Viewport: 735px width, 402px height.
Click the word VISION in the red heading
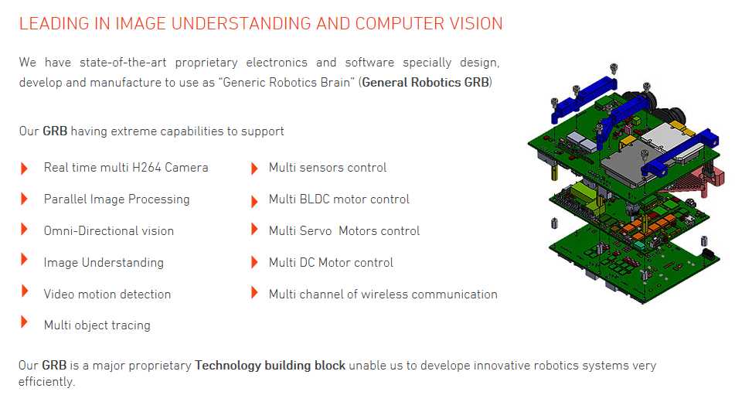pyautogui.click(x=476, y=23)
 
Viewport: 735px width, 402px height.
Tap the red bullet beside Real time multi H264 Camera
pyautogui.click(x=25, y=168)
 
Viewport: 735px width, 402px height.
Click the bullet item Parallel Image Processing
pyautogui.click(x=117, y=199)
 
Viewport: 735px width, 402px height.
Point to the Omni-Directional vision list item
pyautogui.click(x=109, y=231)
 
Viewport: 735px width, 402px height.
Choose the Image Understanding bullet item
pyautogui.click(x=104, y=263)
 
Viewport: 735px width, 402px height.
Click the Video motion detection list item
pyautogui.click(x=107, y=294)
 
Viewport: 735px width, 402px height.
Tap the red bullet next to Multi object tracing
pyautogui.click(x=25, y=322)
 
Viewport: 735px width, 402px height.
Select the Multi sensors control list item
pyautogui.click(x=328, y=168)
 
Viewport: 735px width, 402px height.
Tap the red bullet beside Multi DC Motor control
pyautogui.click(x=254, y=262)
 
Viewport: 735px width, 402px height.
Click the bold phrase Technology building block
pyautogui.click(x=270, y=366)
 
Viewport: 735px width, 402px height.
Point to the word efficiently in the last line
pyautogui.click(x=46, y=382)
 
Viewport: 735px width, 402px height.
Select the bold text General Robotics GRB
pyautogui.click(x=426, y=83)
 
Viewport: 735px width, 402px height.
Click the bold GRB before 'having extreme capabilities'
pyautogui.click(x=55, y=131)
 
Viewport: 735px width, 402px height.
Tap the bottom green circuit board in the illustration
pyautogui.click(x=633, y=263)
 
